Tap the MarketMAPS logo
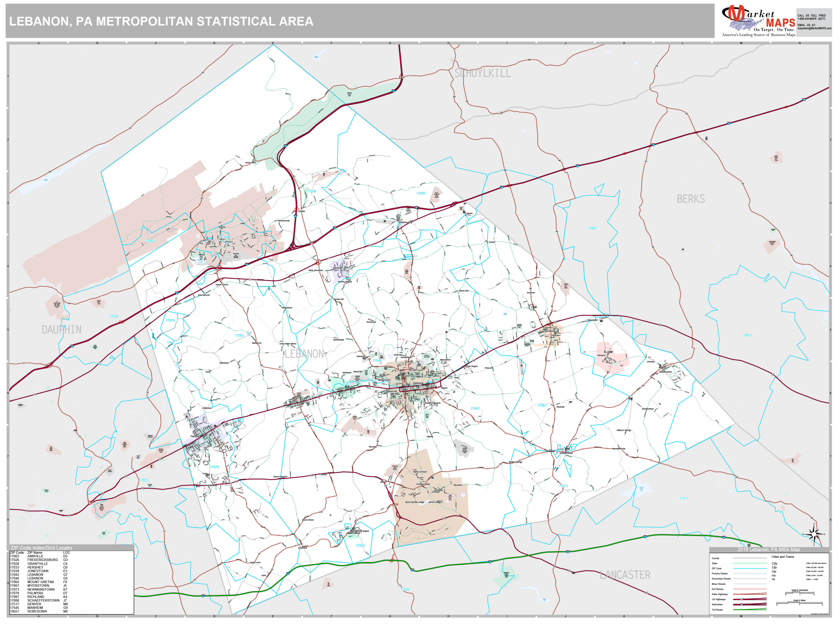click(x=758, y=21)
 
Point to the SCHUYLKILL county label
click(x=483, y=73)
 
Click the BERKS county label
click(x=690, y=199)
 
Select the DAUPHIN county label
click(x=61, y=330)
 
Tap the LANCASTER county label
click(x=625, y=575)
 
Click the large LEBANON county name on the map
click(x=304, y=354)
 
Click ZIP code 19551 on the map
click(x=747, y=335)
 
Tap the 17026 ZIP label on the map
click(x=421, y=193)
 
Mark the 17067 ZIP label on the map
click(x=542, y=406)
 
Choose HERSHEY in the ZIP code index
click(x=35, y=567)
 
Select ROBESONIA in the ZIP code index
click(x=37, y=611)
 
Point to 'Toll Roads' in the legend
click(x=717, y=610)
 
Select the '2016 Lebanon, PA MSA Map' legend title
click(x=768, y=550)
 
